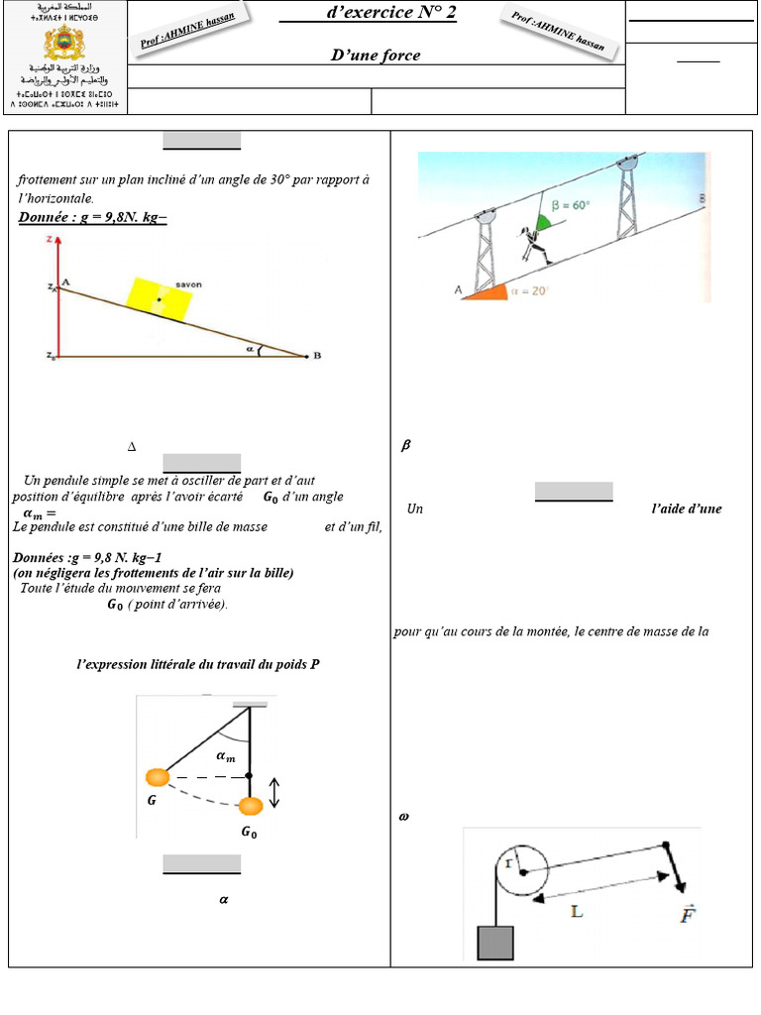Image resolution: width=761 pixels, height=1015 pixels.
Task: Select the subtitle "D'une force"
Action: [376, 56]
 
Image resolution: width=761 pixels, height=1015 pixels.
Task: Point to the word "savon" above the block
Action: [188, 284]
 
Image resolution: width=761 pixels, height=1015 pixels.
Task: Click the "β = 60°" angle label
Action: [570, 205]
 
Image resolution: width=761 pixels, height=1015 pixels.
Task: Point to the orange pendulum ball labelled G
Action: [157, 778]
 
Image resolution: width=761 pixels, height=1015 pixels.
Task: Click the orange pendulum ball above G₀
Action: [251, 804]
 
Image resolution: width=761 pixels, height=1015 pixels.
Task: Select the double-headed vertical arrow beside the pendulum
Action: [275, 791]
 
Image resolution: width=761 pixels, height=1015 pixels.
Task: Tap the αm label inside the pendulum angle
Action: [226, 756]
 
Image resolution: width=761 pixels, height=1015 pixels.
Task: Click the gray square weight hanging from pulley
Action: [495, 942]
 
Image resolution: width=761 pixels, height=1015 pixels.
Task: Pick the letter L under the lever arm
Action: [578, 910]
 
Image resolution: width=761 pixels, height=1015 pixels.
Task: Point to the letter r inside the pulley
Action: [508, 864]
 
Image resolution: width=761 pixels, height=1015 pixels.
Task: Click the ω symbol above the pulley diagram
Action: [403, 818]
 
